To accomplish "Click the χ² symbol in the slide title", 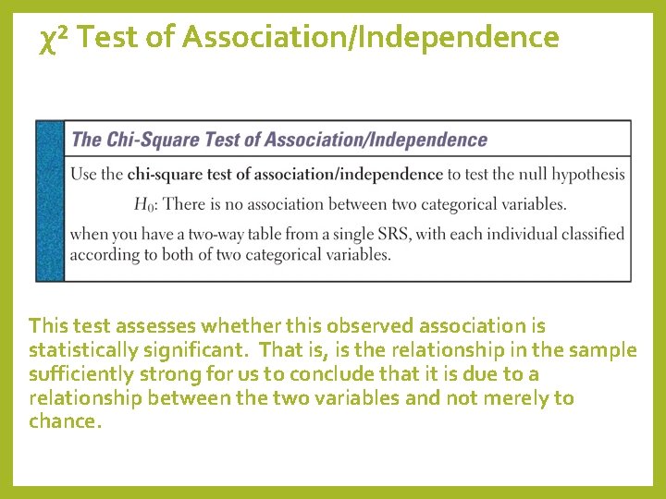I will click(x=55, y=39).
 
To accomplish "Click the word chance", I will click(x=62, y=422).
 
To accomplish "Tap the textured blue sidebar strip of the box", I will click(x=50, y=201).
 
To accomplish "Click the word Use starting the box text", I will click(x=82, y=174).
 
